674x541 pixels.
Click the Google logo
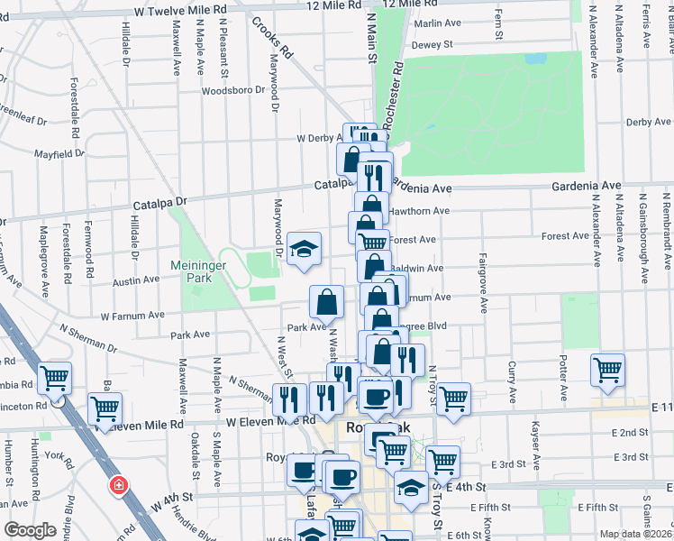point(30,530)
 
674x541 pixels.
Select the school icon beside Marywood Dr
point(305,250)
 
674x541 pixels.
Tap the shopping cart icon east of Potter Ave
point(608,369)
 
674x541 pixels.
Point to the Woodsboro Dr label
point(233,90)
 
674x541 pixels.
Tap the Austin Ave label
point(136,281)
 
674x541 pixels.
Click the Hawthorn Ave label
point(418,211)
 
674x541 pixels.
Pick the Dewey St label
point(431,44)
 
